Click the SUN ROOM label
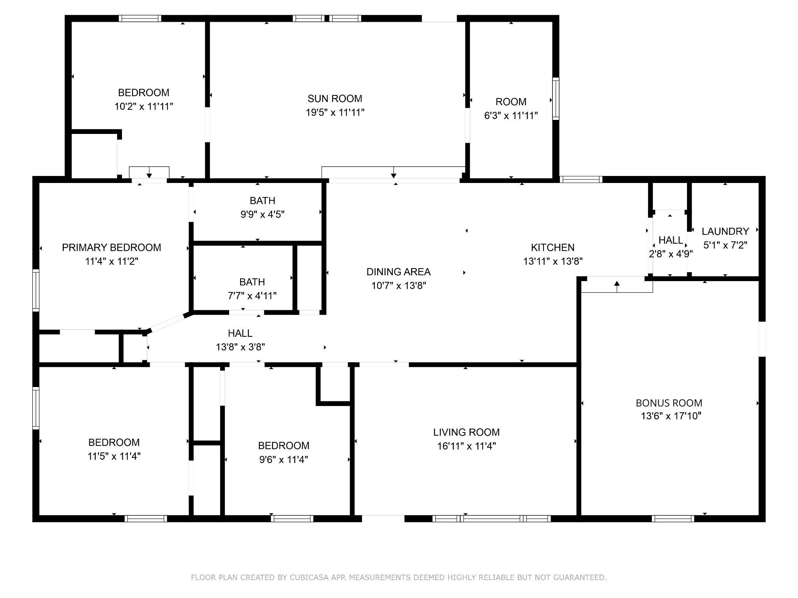click(x=335, y=98)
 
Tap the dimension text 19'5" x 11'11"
click(x=335, y=113)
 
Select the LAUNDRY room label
click(x=725, y=231)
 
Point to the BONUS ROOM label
click(x=669, y=403)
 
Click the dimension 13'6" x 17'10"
click(x=671, y=416)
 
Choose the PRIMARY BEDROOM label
click(x=111, y=248)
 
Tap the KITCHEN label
click(x=553, y=248)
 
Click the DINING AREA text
click(x=398, y=272)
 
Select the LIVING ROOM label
click(x=466, y=432)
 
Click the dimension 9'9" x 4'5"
click(x=262, y=215)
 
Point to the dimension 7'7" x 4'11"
click(x=252, y=296)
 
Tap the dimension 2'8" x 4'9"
click(x=671, y=254)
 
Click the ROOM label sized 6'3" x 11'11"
click(x=511, y=102)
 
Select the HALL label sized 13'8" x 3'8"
click(x=240, y=333)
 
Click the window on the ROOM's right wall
click(x=556, y=98)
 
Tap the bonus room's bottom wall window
click(x=673, y=518)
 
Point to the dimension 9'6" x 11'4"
click(x=284, y=460)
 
